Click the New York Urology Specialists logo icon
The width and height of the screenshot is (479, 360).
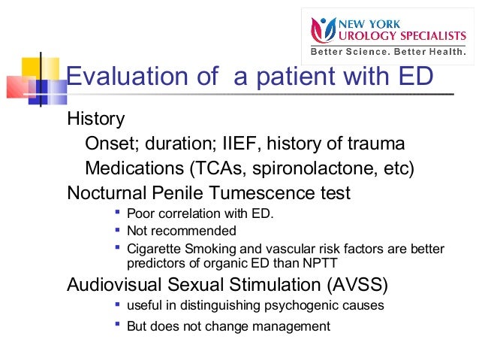pyautogui.click(x=324, y=31)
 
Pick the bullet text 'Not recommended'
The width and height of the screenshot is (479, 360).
pyautogui.click(x=181, y=231)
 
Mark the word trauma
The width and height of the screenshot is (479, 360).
pyautogui.click(x=378, y=143)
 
